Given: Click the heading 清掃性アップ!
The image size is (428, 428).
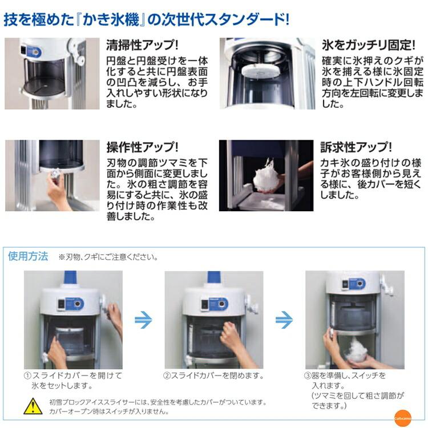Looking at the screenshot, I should tap(142, 45).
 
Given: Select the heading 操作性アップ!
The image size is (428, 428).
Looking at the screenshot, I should tap(142, 147).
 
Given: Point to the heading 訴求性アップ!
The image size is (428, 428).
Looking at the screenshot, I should tap(356, 147).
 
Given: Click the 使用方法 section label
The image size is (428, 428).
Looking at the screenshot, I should tap(28, 256).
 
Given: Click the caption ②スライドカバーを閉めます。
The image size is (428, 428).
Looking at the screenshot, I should tap(214, 375).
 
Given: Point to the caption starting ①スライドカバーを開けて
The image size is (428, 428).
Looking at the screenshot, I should tap(72, 380).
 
